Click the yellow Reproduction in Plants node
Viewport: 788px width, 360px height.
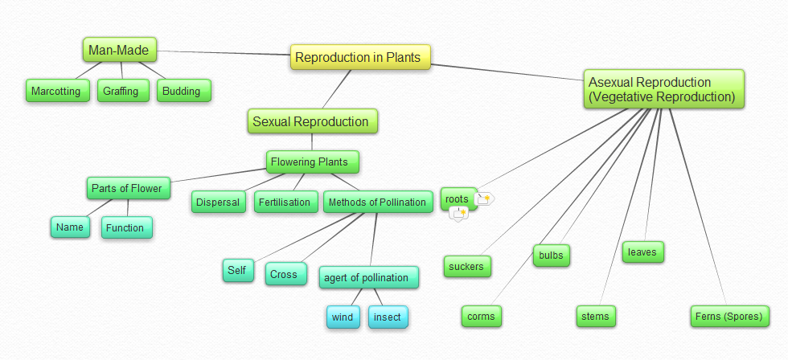point(361,57)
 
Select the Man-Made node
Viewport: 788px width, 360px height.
point(118,50)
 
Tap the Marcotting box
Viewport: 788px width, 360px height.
point(56,91)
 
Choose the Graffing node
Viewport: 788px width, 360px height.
point(121,91)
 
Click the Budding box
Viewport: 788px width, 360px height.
point(182,91)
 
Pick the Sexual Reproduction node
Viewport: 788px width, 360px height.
point(311,121)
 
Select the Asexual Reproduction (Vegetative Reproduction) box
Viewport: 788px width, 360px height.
point(663,89)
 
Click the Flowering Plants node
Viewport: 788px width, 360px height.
point(310,162)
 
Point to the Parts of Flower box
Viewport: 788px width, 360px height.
point(127,189)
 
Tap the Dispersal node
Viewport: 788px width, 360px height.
point(218,202)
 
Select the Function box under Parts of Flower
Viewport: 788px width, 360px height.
point(125,227)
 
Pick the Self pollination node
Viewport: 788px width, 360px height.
point(236,271)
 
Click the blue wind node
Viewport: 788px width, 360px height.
point(343,317)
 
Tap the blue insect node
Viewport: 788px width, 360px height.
point(388,317)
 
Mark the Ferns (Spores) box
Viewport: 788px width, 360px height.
point(728,316)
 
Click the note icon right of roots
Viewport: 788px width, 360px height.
point(486,198)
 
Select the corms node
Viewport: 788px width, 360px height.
point(482,316)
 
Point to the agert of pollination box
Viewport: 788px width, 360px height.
point(367,278)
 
